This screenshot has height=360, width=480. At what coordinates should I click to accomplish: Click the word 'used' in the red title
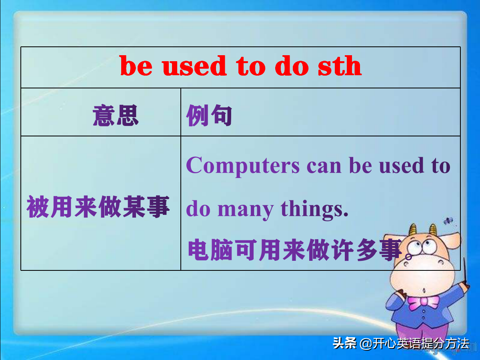point(195,66)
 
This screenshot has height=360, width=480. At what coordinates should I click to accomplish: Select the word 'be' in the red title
point(136,66)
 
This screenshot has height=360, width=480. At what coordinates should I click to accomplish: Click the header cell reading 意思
point(116,116)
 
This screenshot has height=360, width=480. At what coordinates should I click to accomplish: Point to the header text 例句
point(209,116)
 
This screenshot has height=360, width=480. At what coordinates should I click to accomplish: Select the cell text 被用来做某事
point(98,208)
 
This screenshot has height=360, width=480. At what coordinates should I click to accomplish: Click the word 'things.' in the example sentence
point(314,209)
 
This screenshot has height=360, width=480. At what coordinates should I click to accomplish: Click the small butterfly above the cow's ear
point(448,220)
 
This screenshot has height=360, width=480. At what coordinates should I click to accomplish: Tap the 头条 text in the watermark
point(345,343)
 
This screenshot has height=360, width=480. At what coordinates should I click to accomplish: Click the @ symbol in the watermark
point(366,344)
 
